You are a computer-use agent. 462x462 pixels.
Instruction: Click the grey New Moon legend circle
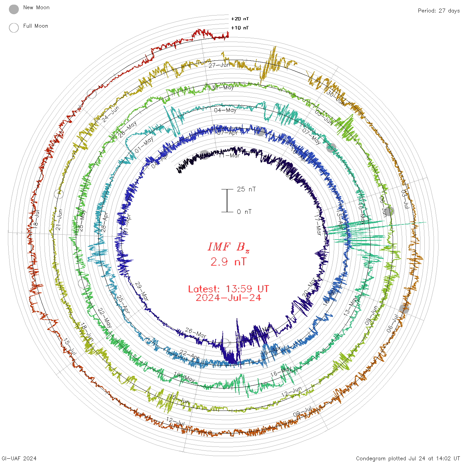coord(14,9)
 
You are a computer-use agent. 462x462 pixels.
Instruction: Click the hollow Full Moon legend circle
coord(14,28)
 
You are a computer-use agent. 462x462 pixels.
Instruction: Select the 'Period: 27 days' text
coord(439,11)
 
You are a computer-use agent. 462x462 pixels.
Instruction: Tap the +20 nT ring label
coord(240,19)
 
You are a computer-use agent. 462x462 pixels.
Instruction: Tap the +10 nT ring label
coord(240,28)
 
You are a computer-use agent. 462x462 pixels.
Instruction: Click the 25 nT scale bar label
coord(246,189)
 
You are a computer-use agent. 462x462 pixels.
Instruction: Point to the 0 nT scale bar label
coord(244,212)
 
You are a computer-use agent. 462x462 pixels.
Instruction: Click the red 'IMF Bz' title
coord(228,247)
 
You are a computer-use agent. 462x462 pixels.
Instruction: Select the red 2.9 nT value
coord(228,262)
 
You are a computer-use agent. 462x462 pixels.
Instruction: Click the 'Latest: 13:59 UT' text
coord(228,289)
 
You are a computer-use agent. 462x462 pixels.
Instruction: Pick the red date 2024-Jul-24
coord(228,298)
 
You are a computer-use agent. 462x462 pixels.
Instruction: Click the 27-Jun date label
coord(219,65)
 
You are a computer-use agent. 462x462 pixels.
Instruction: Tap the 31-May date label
coord(222,87)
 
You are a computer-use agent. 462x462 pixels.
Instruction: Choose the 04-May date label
coord(225,110)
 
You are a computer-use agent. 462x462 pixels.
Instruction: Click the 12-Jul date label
coord(175,421)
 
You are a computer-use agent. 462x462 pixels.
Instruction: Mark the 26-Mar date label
coord(195,333)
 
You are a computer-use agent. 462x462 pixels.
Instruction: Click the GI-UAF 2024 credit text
coord(19,458)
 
